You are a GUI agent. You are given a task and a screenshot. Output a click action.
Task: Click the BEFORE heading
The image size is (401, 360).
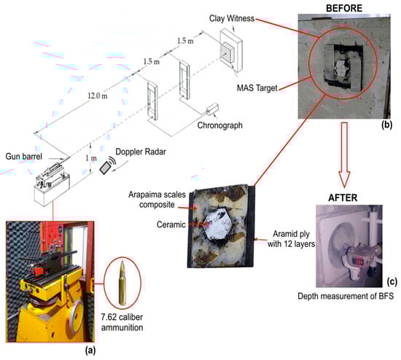pos(344,8)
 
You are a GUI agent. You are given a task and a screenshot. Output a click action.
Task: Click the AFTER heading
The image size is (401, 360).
pos(343,197)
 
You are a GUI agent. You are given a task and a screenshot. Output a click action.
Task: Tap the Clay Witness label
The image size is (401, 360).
pos(232,18)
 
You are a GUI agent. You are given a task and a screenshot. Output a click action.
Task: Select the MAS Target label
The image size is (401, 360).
pos(257,88)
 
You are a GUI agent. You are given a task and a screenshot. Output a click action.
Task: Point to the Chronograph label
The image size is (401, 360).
pos(220,125)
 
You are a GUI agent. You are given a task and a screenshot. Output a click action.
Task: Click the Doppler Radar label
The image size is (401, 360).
pos(141,152)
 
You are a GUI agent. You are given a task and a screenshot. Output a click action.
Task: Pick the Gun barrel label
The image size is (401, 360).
pos(24,156)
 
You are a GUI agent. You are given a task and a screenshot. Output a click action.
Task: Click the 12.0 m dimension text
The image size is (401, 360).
pos(98,96)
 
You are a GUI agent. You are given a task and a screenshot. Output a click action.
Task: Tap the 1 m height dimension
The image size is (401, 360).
pos(91,158)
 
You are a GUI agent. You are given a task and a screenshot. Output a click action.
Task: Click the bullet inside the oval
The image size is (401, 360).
pos(122,283)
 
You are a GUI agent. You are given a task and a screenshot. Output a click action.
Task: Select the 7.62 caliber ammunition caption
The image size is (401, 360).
pos(122,322)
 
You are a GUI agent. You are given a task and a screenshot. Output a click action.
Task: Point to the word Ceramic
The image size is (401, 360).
pos(171,224)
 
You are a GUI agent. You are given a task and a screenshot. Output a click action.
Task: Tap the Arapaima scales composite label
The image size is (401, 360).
pos(157,200)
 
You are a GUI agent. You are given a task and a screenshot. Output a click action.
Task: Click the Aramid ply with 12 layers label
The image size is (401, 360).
pos(291,239)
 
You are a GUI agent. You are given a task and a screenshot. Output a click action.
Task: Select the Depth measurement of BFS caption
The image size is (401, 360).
pos(346,296)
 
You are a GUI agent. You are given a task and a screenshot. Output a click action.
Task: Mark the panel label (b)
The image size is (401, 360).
pos(386,125)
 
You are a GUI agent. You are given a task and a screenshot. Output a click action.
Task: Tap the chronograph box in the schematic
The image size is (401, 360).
pos(213,109)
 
